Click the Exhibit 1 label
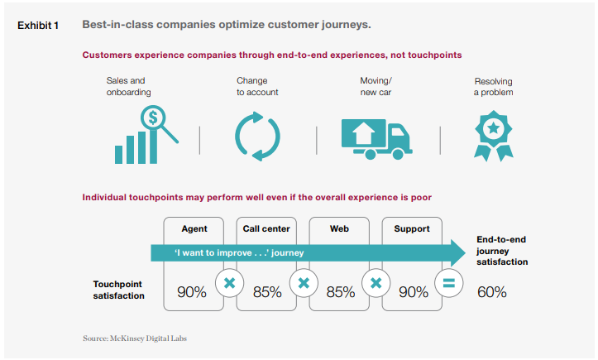pos(38,26)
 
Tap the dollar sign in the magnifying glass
pos(153,118)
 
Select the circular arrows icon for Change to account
pos(257,137)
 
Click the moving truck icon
pos(377,139)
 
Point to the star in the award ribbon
pos(494,128)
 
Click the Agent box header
pos(194,228)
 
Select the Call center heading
pos(266,228)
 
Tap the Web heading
pos(339,228)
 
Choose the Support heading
pos(412,229)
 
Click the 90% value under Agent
pos(191,292)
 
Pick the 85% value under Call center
pos(267,292)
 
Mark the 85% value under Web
pos(340,292)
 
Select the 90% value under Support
pos(414,292)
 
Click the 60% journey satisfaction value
pos(491,292)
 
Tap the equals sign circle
pos(449,283)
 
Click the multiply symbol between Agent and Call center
pos(229,283)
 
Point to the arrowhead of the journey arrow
pos(465,252)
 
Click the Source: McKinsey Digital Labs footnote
pos(135,338)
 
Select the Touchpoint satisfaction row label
pos(118,290)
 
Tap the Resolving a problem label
pos(493,87)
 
